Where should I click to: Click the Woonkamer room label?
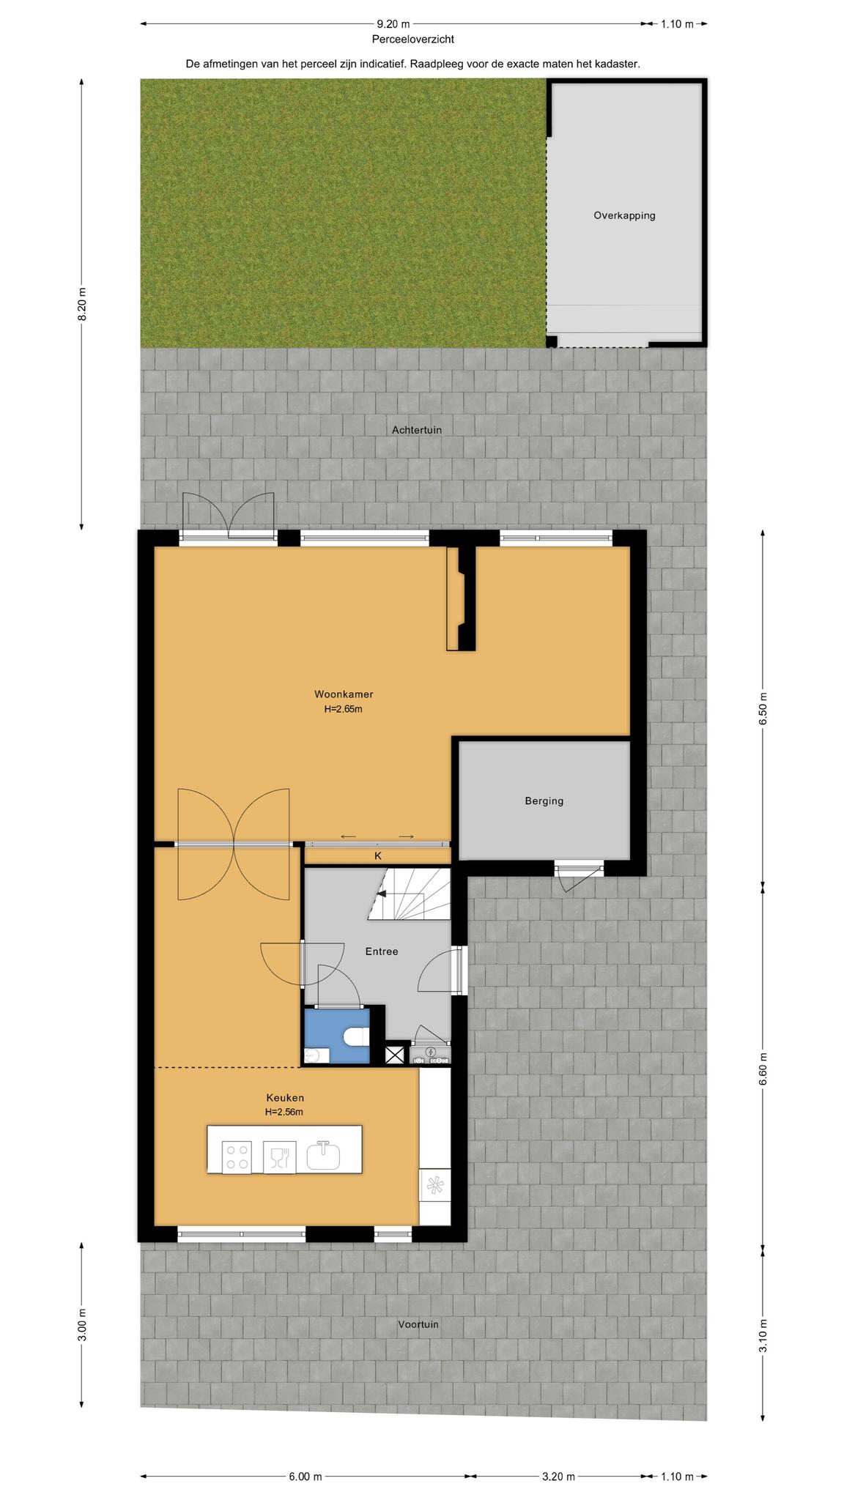click(x=344, y=694)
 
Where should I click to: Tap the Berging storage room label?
click(x=544, y=801)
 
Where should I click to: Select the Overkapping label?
click(x=624, y=215)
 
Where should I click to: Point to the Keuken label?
click(x=285, y=1098)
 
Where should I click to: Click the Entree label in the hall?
click(x=382, y=951)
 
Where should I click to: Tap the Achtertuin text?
click(x=417, y=430)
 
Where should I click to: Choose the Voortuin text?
click(x=418, y=1324)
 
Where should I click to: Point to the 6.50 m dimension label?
click(x=763, y=708)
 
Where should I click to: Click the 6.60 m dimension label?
click(x=763, y=1071)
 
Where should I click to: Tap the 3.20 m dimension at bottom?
click(x=558, y=1477)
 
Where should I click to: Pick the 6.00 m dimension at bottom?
click(x=306, y=1477)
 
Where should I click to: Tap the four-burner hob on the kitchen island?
click(x=237, y=1157)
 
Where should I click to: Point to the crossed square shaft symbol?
click(x=395, y=1055)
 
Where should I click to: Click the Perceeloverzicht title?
click(x=412, y=40)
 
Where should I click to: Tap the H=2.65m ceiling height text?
click(x=343, y=709)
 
